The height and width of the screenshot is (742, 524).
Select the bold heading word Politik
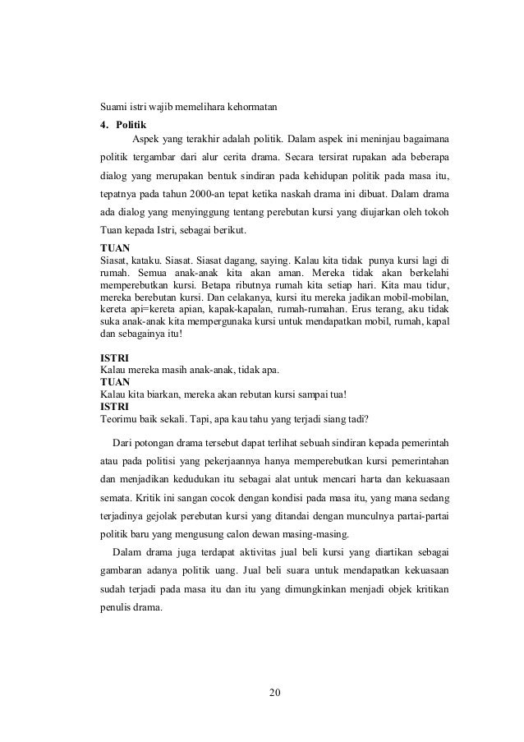click(131, 126)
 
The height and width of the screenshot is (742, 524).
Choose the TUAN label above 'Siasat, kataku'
click(113, 247)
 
